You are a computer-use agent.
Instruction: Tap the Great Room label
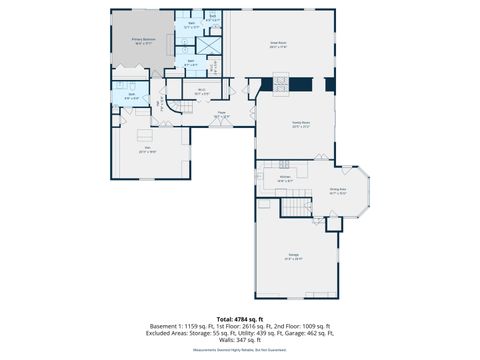pos(279,44)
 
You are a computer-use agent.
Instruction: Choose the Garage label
pos(294,256)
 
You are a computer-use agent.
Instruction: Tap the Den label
pos(148,148)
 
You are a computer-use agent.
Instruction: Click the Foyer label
pos(222,114)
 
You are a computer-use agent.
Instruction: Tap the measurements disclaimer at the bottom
pos(239,351)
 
